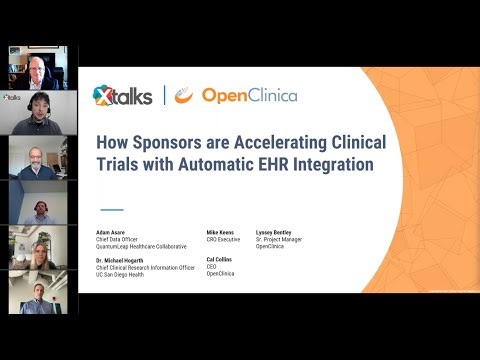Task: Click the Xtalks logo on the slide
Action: click(x=122, y=95)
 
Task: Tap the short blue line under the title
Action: click(x=113, y=209)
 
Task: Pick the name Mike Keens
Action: click(x=220, y=231)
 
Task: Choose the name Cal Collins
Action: click(x=220, y=259)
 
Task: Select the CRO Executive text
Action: click(x=224, y=239)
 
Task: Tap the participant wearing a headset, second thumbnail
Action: click(x=38, y=113)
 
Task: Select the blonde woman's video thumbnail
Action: click(x=38, y=247)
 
